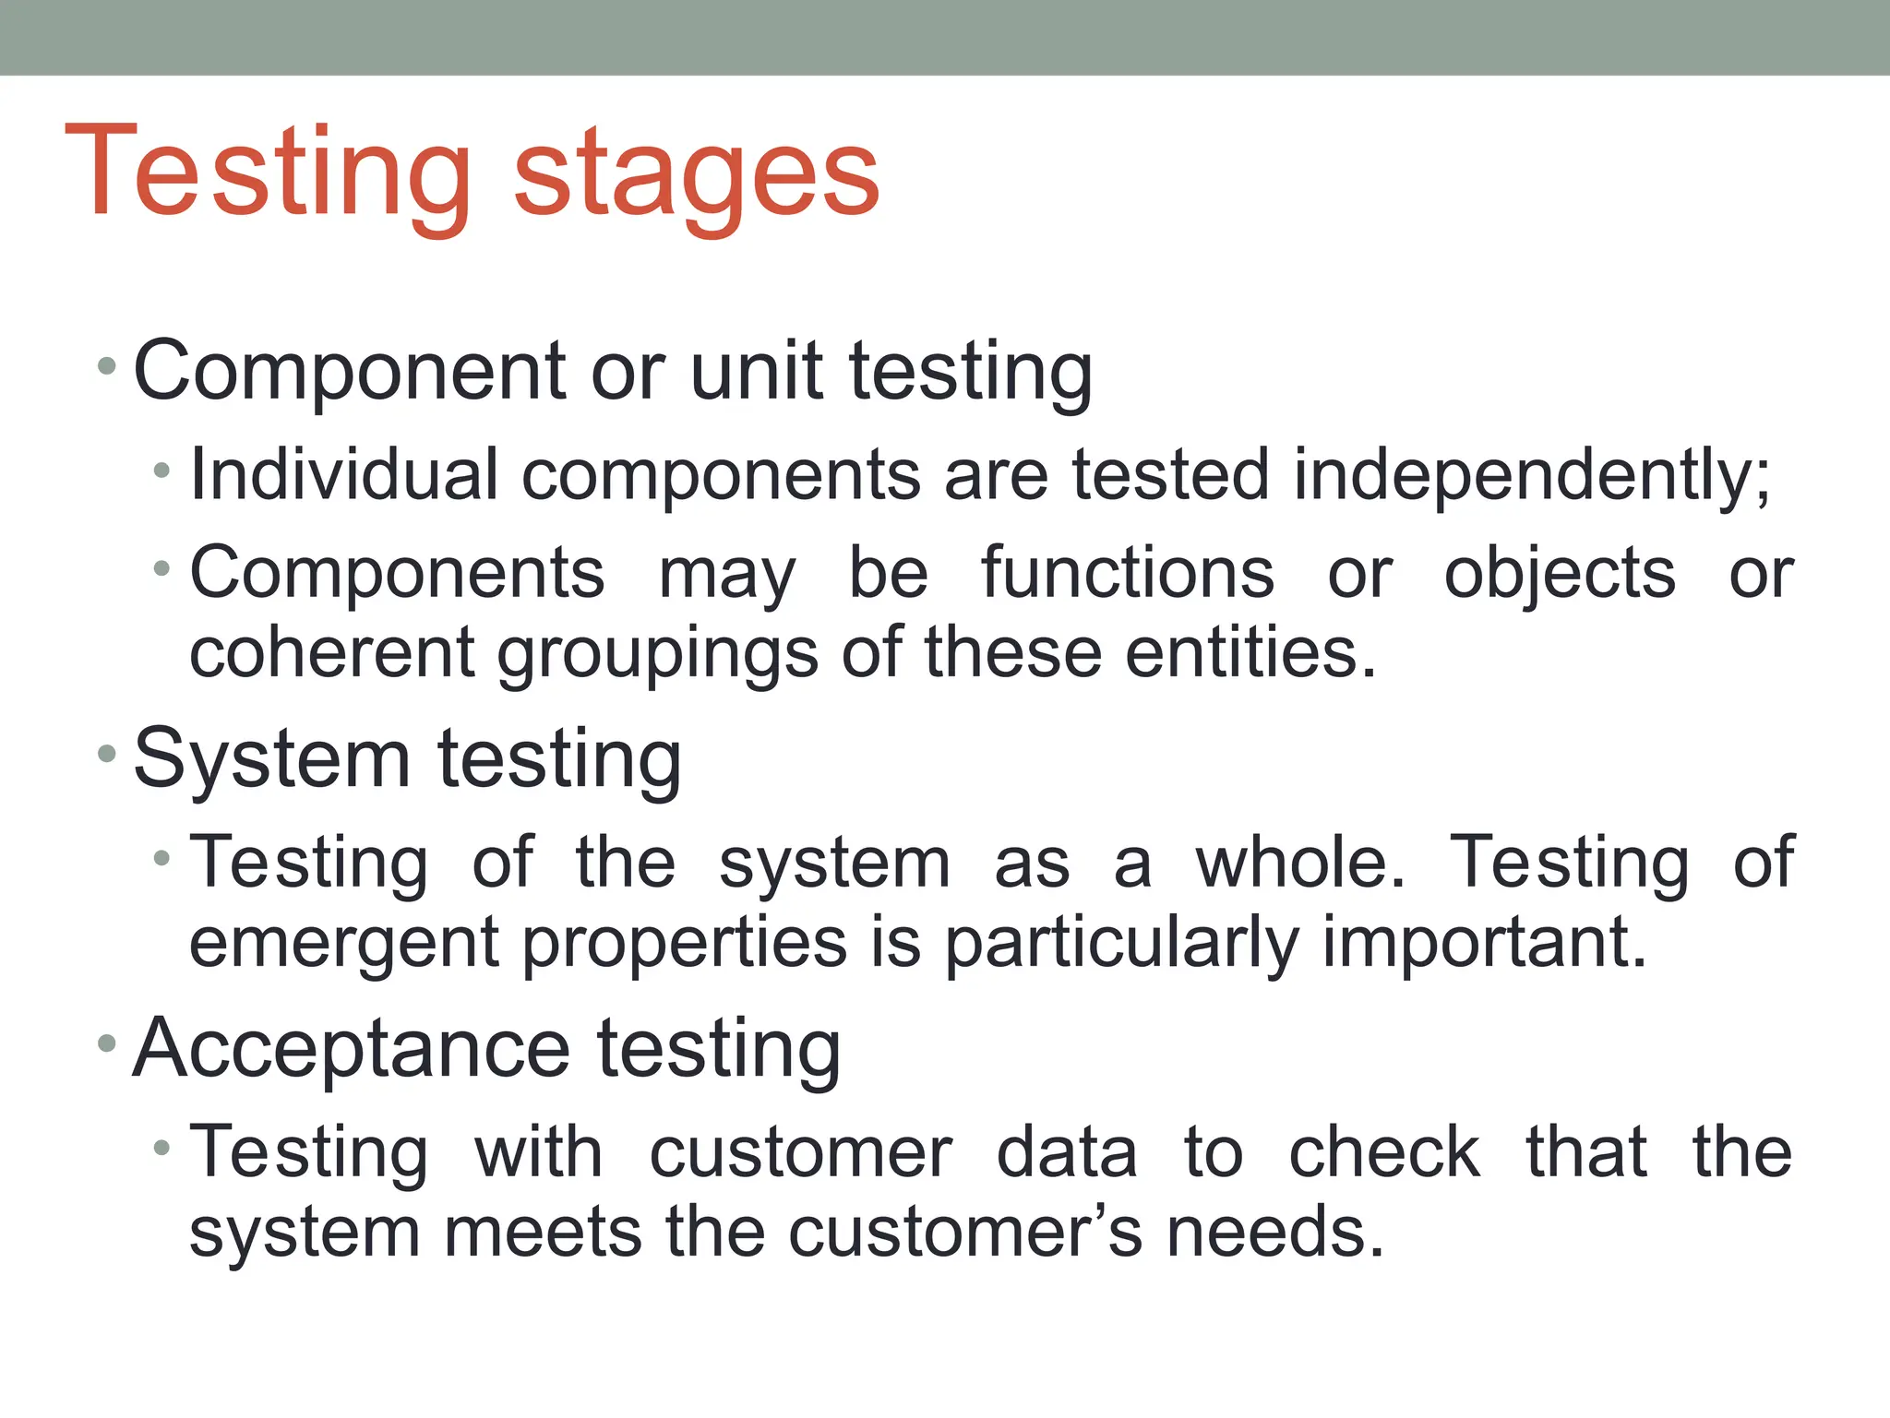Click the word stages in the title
696,175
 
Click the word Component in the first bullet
349,371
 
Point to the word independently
1530,474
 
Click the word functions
1127,573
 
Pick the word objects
1559,573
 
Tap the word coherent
331,652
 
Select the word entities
1250,652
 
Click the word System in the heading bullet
272,759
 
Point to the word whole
1300,863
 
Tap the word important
1483,942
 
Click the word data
1067,1152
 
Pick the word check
1383,1152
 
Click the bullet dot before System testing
107,755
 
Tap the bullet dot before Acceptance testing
107,1043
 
